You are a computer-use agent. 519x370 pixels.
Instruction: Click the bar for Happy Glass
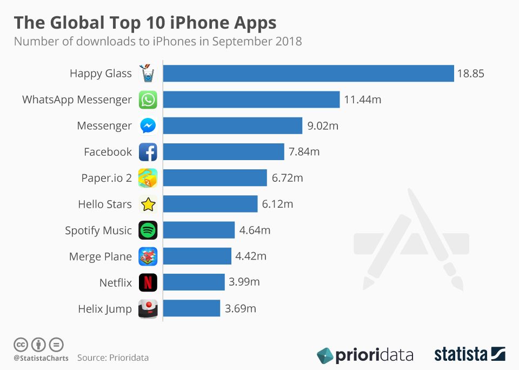pyautogui.click(x=308, y=74)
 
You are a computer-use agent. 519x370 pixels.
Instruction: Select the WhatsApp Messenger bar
pyautogui.click(x=251, y=100)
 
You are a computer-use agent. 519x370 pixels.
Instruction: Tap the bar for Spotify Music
pyautogui.click(x=199, y=230)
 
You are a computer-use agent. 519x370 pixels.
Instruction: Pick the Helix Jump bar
pyautogui.click(x=191, y=308)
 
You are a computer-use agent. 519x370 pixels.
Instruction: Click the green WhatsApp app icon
pyautogui.click(x=148, y=100)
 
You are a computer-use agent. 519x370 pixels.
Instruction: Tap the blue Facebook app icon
pyautogui.click(x=148, y=152)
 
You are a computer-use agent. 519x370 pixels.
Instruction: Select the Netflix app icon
pyautogui.click(x=148, y=282)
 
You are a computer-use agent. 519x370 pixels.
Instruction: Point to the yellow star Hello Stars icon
pyautogui.click(x=148, y=204)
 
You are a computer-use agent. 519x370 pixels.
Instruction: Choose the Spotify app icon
pyautogui.click(x=148, y=230)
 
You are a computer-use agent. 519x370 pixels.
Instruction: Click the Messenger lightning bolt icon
pyautogui.click(x=148, y=126)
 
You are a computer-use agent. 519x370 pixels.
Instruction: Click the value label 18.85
pyautogui.click(x=470, y=74)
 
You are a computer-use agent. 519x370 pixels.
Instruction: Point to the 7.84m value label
pyautogui.click(x=304, y=152)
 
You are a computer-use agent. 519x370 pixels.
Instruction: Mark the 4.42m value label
pyautogui.click(x=251, y=256)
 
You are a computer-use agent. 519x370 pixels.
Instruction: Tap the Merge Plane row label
pyautogui.click(x=100, y=256)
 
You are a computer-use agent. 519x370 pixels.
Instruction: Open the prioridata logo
pyautogui.click(x=365, y=355)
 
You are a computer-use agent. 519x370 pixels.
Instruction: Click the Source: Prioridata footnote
pyautogui.click(x=112, y=358)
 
